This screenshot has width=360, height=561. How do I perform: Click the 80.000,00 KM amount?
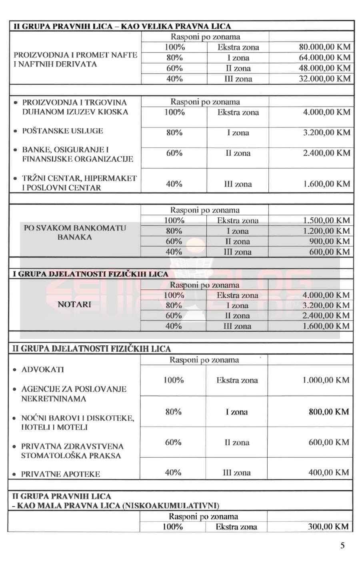pos(324,47)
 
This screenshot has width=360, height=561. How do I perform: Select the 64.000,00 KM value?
pos(324,58)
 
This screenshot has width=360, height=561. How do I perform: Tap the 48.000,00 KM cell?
pos(324,68)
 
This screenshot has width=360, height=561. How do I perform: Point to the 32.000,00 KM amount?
pos(324,78)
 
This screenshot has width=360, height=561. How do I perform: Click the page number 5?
pos(342,545)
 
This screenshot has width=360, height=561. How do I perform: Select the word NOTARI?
pos(74,305)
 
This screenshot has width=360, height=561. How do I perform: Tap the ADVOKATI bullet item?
pos(42,369)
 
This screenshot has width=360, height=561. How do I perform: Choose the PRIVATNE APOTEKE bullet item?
pos(60,474)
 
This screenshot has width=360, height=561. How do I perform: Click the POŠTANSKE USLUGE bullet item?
pos(62,131)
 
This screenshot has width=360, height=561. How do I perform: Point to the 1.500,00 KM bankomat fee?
pos(326,220)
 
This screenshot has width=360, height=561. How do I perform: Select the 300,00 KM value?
pos(328,527)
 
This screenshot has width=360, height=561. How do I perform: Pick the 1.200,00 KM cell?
pos(326,231)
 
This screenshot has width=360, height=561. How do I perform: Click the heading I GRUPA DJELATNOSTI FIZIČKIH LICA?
pos(91,274)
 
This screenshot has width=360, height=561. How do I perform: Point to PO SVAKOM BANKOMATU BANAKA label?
pos(75,232)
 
